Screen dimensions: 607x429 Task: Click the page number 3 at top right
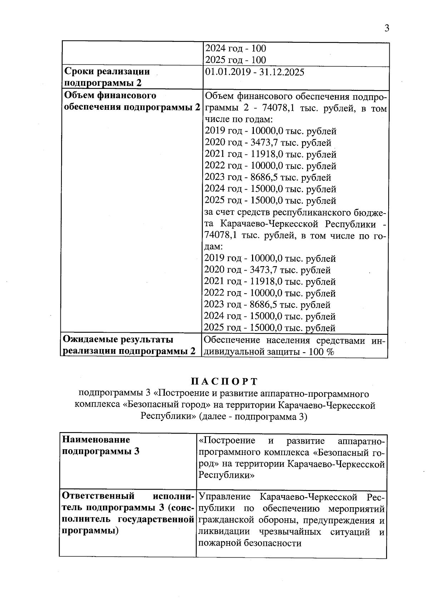click(x=386, y=29)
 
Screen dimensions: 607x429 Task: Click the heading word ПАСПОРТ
click(x=224, y=381)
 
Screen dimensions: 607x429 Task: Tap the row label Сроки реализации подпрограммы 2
click(x=107, y=77)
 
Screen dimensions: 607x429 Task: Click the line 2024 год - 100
click(x=236, y=48)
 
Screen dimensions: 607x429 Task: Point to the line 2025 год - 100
click(x=236, y=60)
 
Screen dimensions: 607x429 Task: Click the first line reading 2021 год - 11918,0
click(x=270, y=155)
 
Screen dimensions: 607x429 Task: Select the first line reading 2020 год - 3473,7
click(x=268, y=143)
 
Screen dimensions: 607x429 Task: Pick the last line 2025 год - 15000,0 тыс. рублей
click(x=270, y=328)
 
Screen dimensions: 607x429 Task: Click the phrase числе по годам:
click(x=239, y=119)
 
